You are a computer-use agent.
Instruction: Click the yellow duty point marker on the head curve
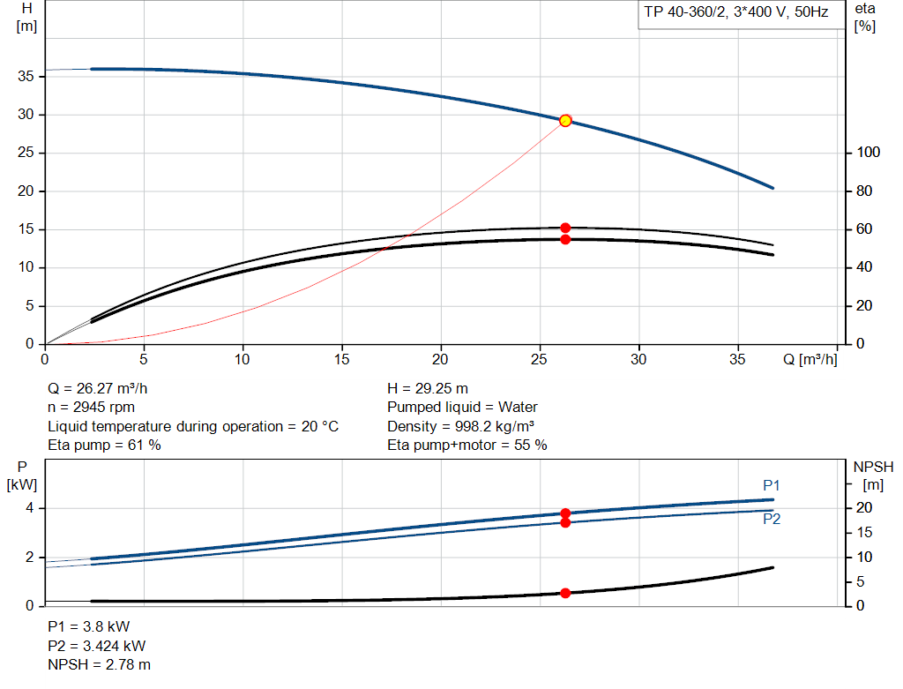(565, 120)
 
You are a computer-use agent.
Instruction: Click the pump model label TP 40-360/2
(735, 15)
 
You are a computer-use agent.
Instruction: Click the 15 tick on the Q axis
(342, 360)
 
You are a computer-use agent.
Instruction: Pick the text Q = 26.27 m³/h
(105, 388)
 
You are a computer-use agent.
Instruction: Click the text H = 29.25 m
(428, 388)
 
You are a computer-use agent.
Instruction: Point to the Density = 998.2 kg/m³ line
(461, 426)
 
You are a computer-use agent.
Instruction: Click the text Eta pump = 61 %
(104, 446)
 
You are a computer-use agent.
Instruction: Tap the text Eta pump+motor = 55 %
(467, 446)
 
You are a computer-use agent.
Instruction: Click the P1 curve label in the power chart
(772, 485)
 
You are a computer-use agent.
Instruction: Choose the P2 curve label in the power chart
(772, 520)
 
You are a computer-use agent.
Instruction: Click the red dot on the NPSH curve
(565, 593)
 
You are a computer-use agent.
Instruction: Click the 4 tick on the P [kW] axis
(29, 508)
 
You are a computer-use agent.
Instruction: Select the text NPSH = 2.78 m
(99, 664)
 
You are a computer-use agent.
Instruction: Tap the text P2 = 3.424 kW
(97, 646)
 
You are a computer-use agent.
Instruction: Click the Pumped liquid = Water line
(462, 408)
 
